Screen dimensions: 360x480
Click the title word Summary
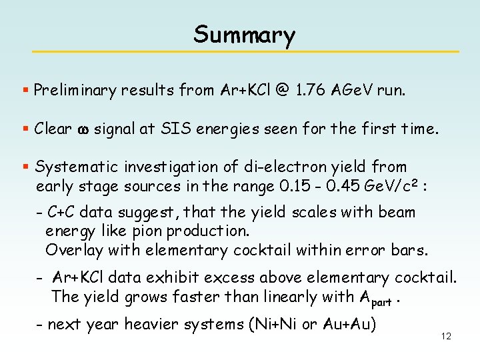(x=244, y=35)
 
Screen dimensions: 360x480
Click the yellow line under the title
(x=246, y=51)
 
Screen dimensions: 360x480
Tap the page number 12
(x=446, y=336)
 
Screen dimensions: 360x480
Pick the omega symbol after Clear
(x=83, y=129)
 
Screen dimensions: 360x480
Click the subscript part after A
(x=381, y=301)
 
